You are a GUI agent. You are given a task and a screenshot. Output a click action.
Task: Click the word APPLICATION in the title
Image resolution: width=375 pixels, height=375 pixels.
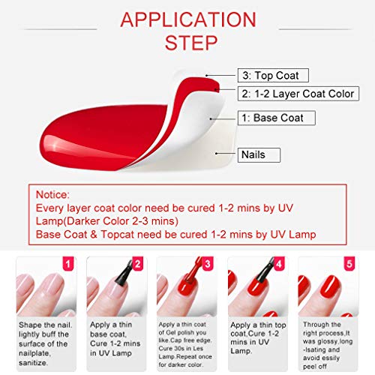(x=188, y=19)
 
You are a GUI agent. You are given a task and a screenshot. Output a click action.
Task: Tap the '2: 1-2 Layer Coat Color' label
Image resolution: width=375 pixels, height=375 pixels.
(x=294, y=94)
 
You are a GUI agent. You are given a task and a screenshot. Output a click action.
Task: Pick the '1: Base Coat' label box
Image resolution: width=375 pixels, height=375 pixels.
(x=277, y=118)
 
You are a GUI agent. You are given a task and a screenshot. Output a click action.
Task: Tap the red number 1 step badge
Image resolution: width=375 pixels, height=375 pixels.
(x=69, y=263)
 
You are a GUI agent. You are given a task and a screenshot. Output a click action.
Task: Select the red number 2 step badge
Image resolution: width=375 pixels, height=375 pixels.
(x=137, y=263)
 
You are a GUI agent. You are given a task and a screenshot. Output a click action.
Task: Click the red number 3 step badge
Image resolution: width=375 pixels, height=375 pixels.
(x=208, y=263)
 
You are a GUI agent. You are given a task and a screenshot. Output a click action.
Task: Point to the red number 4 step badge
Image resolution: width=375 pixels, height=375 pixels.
(x=278, y=263)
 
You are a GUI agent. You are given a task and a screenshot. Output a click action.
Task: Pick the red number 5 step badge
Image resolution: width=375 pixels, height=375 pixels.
(x=348, y=263)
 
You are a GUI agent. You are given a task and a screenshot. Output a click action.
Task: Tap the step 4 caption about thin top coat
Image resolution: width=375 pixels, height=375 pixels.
(x=255, y=334)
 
